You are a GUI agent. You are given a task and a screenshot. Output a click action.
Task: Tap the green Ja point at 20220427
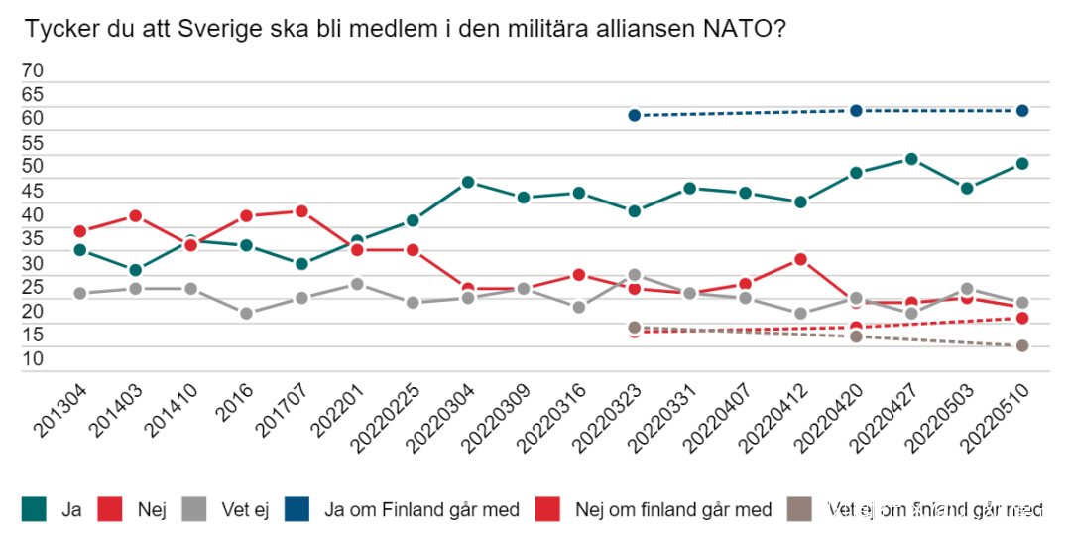click(x=911, y=159)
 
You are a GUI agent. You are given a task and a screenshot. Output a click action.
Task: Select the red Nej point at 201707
click(x=301, y=211)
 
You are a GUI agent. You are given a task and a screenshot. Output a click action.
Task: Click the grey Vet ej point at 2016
click(x=246, y=314)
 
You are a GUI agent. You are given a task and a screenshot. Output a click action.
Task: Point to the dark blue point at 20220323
click(x=635, y=115)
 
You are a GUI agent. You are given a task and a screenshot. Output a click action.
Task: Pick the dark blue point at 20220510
click(x=1021, y=110)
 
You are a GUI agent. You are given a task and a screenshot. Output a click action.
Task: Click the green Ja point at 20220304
click(x=468, y=182)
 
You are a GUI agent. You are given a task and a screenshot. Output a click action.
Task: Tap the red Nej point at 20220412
click(x=800, y=260)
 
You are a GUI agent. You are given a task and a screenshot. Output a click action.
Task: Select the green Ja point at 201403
click(x=135, y=270)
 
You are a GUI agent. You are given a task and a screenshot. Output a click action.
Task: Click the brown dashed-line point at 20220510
click(x=1021, y=345)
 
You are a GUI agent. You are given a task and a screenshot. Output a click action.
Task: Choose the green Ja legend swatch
click(x=36, y=510)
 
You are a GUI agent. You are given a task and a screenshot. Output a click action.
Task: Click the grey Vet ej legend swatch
click(x=194, y=510)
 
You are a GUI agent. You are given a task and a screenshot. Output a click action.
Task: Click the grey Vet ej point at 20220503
click(x=967, y=289)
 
